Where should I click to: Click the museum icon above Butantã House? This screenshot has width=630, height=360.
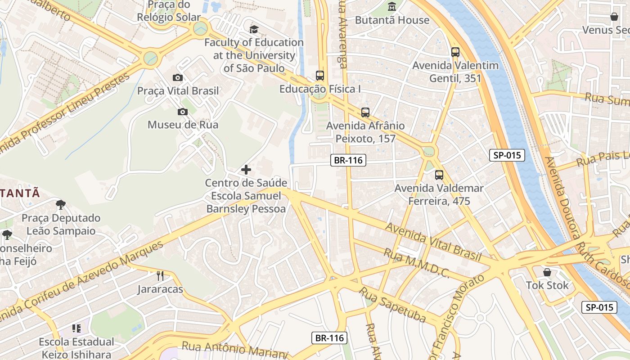[x=392, y=7]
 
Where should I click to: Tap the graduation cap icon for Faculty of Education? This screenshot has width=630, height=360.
[x=254, y=30]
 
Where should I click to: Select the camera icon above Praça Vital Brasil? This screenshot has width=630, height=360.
[x=178, y=77]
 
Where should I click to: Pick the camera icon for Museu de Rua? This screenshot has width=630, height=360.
[x=183, y=112]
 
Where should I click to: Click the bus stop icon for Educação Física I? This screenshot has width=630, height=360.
[x=320, y=75]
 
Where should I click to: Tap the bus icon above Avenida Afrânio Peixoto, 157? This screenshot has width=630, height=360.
[x=365, y=112]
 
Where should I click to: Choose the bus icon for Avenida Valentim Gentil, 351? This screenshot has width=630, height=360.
[x=455, y=52]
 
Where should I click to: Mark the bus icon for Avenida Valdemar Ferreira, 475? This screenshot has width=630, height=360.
[x=439, y=175]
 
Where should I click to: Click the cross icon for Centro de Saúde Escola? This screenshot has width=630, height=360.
[x=246, y=170]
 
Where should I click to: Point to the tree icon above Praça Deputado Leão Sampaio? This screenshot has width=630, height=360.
[x=61, y=205]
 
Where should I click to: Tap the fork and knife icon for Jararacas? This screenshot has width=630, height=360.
[x=160, y=275]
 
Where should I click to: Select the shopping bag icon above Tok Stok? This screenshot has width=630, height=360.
[x=547, y=272]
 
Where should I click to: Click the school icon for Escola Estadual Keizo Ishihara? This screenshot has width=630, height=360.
[x=76, y=328]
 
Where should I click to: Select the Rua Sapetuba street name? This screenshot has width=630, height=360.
[x=392, y=304]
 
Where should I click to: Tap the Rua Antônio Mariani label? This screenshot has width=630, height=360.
[x=234, y=349]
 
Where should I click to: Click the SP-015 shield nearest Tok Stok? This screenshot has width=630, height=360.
[x=599, y=307]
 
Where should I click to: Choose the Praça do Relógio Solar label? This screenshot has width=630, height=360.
[x=169, y=11]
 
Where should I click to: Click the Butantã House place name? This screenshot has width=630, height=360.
[x=392, y=20]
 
